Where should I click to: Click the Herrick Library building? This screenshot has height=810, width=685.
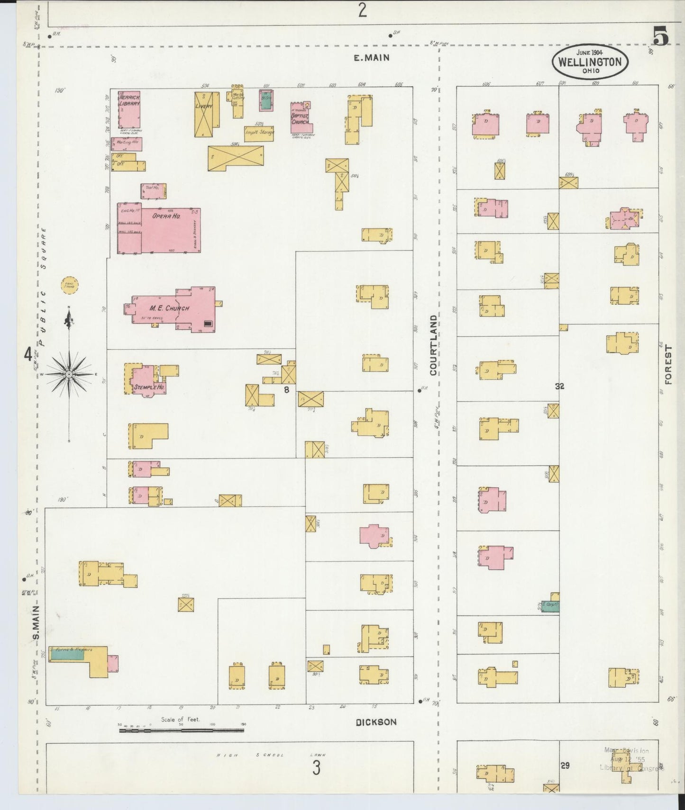tap(128, 109)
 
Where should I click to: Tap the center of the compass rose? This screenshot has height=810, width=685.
tap(69, 374)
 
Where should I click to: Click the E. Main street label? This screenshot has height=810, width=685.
tap(371, 58)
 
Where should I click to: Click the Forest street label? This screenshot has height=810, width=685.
tap(668, 365)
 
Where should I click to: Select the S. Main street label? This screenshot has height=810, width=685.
tap(37, 621)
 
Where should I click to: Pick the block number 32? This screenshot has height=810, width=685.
tap(559, 386)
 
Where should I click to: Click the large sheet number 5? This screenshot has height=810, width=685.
tap(660, 36)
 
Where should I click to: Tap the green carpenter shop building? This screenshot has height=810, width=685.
tap(550, 606)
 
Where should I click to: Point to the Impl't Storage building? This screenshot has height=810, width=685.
tap(259, 133)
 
